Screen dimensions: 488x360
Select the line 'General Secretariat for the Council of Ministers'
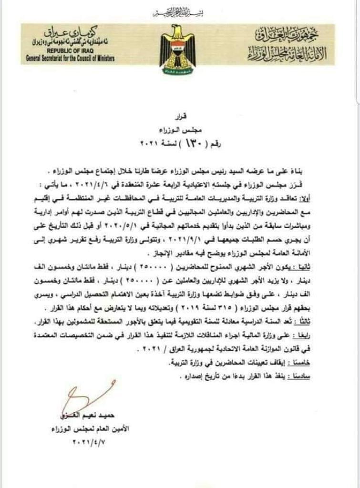coord(71,58)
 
